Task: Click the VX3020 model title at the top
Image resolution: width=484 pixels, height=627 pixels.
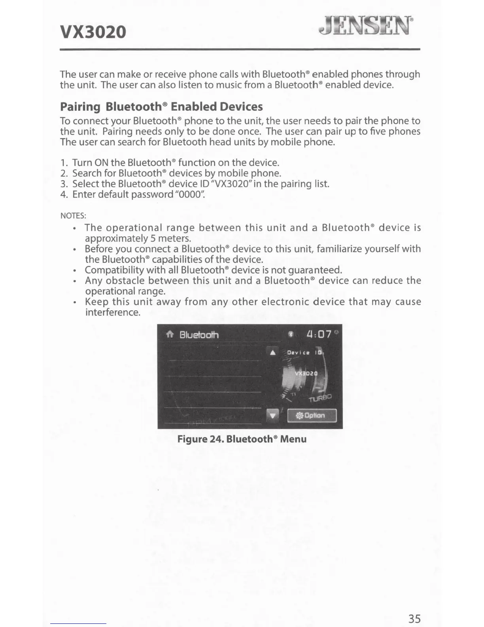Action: (x=93, y=32)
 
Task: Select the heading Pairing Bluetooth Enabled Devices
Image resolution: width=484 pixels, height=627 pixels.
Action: (x=161, y=106)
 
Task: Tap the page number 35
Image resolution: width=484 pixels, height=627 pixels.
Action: (x=414, y=619)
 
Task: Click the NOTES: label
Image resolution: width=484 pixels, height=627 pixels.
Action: (x=73, y=216)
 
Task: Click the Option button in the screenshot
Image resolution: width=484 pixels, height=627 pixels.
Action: (x=312, y=416)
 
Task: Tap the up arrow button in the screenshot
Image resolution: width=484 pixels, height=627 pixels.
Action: (x=272, y=352)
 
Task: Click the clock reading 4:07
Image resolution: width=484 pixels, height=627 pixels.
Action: (x=319, y=334)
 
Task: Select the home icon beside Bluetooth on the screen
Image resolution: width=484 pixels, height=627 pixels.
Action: (x=170, y=335)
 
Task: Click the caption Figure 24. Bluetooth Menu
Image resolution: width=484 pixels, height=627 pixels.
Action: (x=242, y=439)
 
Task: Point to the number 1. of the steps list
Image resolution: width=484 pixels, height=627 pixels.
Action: (x=65, y=163)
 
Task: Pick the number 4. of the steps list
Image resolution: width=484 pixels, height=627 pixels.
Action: (x=65, y=194)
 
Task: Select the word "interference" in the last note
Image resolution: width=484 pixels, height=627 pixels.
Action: (x=112, y=312)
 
